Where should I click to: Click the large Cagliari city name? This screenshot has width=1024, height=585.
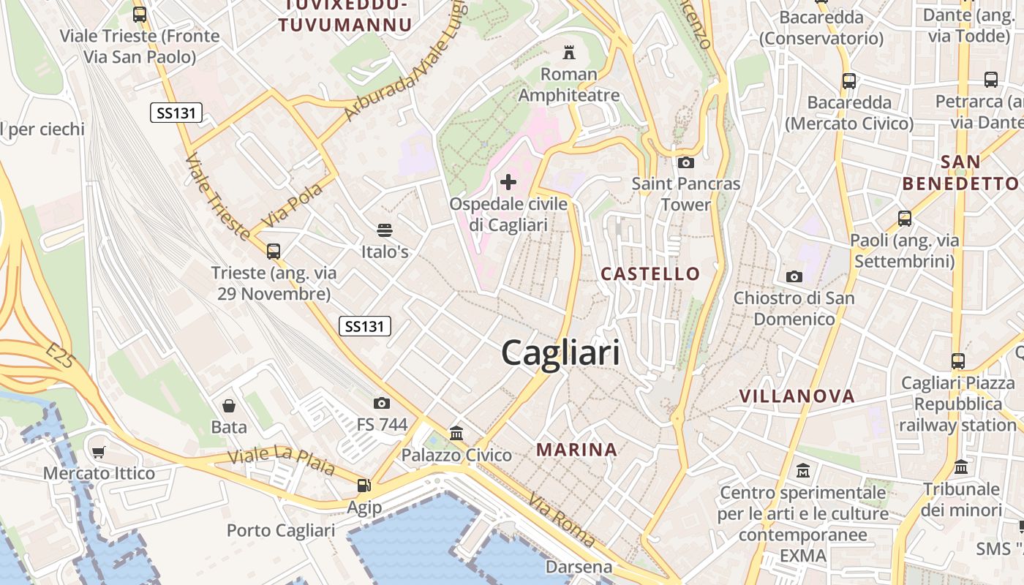click(560, 353)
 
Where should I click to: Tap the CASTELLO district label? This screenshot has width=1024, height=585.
click(650, 274)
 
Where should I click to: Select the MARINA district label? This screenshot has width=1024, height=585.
click(577, 449)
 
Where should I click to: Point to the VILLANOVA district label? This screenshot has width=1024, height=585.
click(797, 396)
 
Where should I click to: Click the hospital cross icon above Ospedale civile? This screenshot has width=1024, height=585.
click(508, 181)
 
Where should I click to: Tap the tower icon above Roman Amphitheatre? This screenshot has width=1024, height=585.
click(568, 53)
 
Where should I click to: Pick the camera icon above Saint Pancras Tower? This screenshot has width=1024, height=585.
click(685, 162)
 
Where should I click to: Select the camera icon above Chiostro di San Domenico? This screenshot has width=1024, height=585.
click(794, 276)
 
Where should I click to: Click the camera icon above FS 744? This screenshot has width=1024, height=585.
click(381, 403)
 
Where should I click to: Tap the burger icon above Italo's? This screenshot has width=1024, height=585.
click(385, 231)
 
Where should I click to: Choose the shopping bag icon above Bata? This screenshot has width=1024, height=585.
click(229, 406)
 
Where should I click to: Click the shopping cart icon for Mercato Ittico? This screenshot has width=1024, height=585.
click(99, 452)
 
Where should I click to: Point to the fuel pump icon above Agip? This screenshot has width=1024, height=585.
click(364, 485)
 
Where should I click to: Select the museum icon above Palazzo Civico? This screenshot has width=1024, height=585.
click(456, 434)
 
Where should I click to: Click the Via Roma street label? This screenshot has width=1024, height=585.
click(562, 521)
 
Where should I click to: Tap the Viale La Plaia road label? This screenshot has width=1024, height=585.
click(281, 461)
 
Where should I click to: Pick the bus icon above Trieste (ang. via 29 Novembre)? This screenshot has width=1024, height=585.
click(274, 252)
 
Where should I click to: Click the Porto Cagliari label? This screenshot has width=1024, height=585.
click(281, 530)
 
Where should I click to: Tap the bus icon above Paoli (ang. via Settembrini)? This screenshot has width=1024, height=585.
click(904, 218)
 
